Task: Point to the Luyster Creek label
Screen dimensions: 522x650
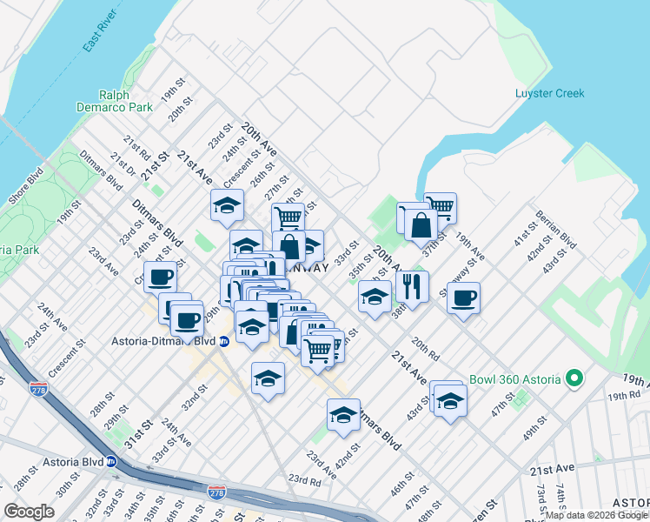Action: [x=549, y=93]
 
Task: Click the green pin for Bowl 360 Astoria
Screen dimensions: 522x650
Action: [x=574, y=379]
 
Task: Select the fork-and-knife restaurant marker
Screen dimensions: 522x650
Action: [x=412, y=285]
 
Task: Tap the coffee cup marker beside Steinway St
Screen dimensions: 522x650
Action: [x=463, y=298]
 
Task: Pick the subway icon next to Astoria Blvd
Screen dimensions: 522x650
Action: [x=111, y=462]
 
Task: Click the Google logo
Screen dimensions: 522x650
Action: [x=29, y=512]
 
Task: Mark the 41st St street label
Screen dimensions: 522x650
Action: [x=526, y=245]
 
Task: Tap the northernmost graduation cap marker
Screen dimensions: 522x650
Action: [x=227, y=205]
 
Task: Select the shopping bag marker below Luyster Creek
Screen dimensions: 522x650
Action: [x=421, y=225]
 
